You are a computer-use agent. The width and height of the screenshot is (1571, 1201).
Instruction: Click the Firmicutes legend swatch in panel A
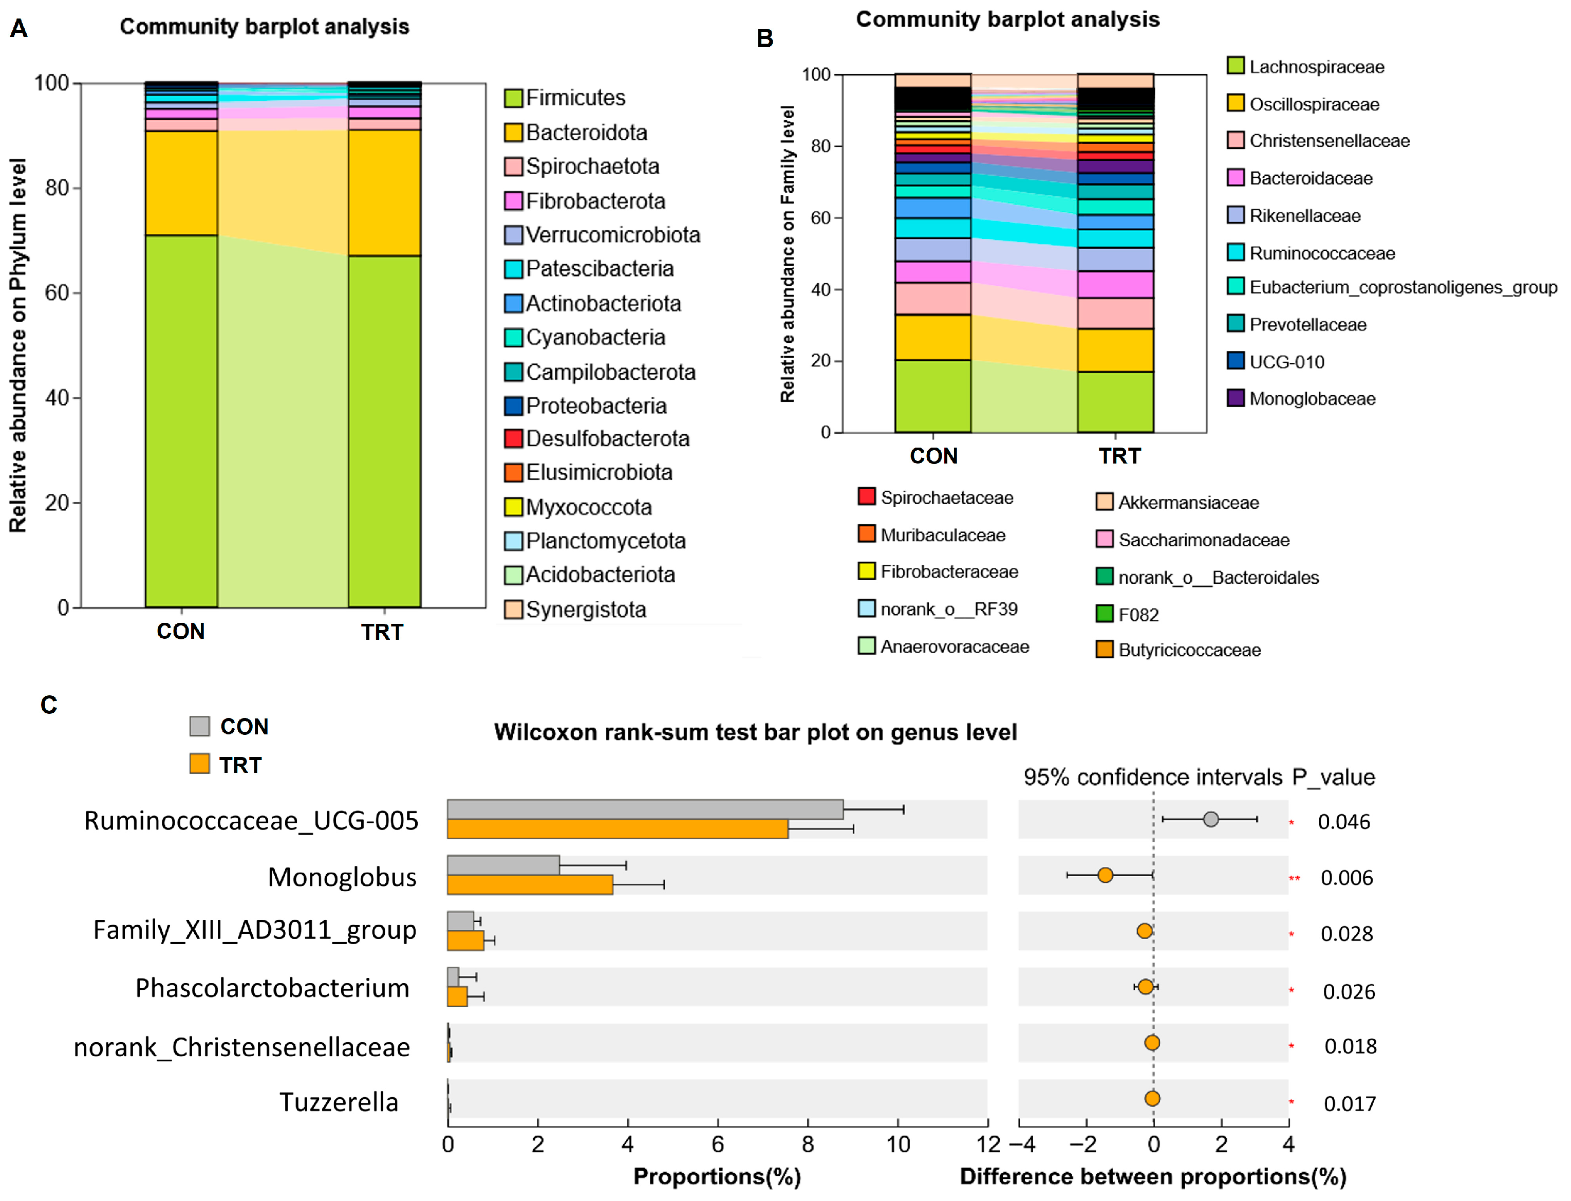[x=513, y=98]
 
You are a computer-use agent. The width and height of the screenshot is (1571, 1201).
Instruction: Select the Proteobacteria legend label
[x=596, y=406]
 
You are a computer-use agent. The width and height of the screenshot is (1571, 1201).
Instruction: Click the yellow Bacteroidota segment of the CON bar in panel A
[x=181, y=183]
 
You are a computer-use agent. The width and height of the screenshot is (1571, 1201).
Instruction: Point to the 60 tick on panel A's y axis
[x=57, y=293]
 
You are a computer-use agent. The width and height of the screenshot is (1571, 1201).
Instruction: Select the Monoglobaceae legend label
[x=1312, y=399]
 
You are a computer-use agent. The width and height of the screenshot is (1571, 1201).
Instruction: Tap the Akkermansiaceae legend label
[x=1188, y=503]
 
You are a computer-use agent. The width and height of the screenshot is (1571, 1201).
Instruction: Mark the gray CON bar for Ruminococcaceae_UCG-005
[x=645, y=809]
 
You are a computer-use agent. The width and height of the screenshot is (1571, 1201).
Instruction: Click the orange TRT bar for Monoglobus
[x=530, y=884]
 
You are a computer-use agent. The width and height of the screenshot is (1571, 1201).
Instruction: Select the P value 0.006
[x=1346, y=878]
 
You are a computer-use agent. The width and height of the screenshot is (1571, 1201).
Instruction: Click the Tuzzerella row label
[x=339, y=1102]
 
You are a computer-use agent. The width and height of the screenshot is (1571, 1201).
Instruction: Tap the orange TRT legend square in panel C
[x=199, y=764]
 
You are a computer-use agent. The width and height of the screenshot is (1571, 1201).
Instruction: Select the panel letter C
[x=49, y=705]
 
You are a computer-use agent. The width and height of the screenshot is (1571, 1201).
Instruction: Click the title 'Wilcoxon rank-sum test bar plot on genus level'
[x=755, y=733]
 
